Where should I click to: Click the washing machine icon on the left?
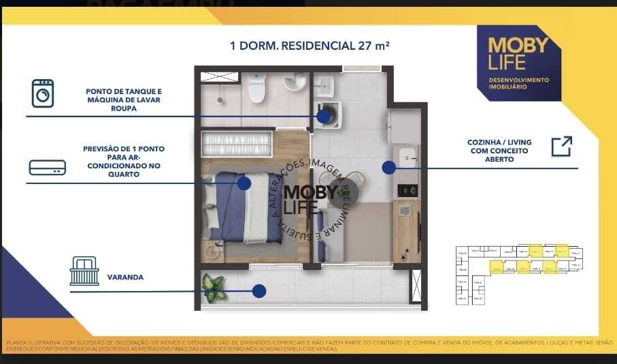tap(43, 93)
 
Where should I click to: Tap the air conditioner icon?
tap(47, 168)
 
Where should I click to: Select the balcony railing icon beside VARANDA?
tap(84, 271)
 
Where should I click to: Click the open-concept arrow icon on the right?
tap(561, 147)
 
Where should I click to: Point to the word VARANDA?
tap(125, 278)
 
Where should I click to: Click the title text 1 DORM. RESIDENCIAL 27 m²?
tap(310, 46)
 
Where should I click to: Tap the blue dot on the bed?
tap(244, 183)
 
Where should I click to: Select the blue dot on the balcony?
tap(259, 291)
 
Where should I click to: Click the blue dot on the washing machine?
tap(324, 117)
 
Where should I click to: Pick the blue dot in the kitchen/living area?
tap(388, 167)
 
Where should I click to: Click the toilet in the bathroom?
tap(256, 89)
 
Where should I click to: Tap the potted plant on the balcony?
tap(214, 288)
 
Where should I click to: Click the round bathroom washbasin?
tap(295, 83)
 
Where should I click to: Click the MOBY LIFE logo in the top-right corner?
tap(518, 54)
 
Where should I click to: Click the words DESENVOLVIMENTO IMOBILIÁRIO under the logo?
tap(518, 84)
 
